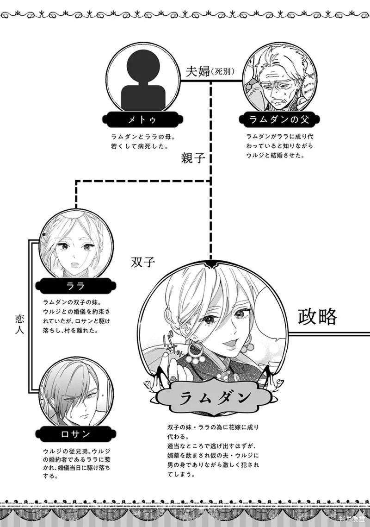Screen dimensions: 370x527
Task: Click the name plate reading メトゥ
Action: [x=143, y=119]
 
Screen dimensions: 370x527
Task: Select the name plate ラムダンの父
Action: [x=279, y=119]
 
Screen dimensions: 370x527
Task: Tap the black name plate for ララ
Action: [x=75, y=286]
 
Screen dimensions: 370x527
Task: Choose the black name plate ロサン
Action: [x=75, y=434]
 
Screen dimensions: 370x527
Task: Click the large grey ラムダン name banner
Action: [x=215, y=398]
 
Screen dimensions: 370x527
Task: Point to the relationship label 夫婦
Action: [x=198, y=71]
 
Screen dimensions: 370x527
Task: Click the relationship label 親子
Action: [x=193, y=157]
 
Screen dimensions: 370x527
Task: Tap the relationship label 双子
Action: [x=143, y=262]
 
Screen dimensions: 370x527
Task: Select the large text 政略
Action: [x=317, y=317]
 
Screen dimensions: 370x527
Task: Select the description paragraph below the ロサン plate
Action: [x=77, y=464]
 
